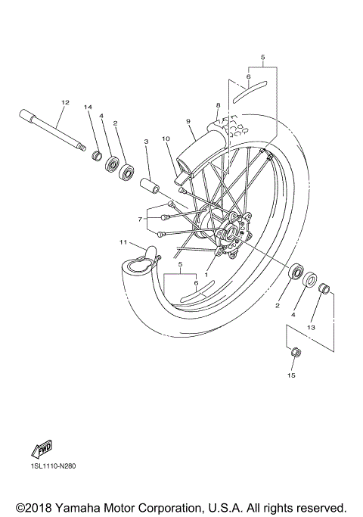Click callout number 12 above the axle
(65, 102)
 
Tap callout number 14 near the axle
(88, 108)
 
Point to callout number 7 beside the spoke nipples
(140, 219)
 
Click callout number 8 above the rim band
(217, 105)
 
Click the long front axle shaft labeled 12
(53, 132)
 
